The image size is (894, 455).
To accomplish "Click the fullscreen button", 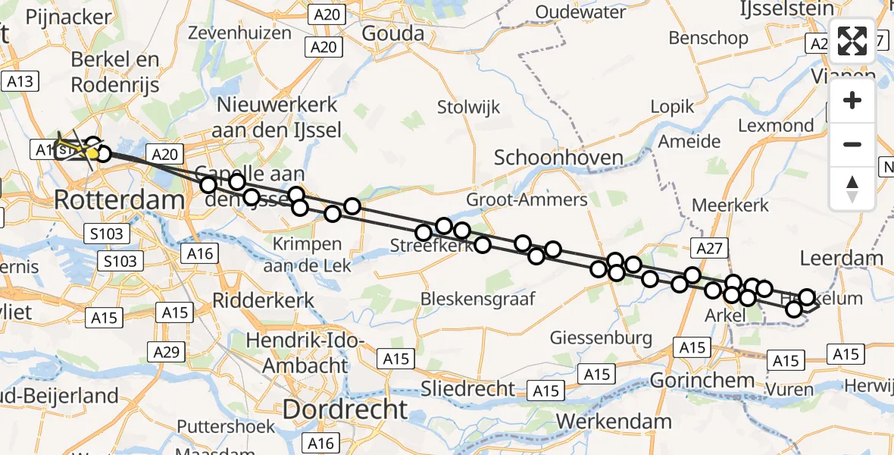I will click(x=852, y=41).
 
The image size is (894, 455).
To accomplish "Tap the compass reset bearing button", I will click(x=852, y=189).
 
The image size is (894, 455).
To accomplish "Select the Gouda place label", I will click(x=392, y=33).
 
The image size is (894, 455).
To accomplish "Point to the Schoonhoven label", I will click(x=558, y=158).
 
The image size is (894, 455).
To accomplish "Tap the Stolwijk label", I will click(x=468, y=108).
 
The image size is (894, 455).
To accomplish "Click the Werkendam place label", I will click(x=614, y=421).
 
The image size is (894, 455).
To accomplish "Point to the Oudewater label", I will click(x=584, y=12).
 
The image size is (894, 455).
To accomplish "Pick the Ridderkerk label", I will click(x=263, y=300).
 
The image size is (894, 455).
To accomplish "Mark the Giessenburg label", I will click(x=601, y=337).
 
